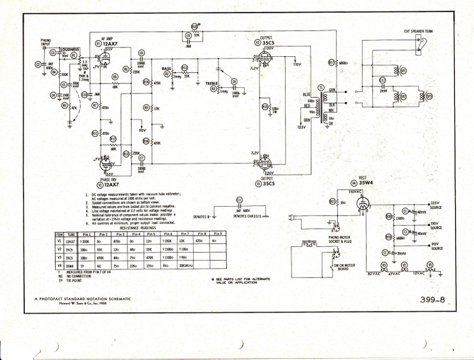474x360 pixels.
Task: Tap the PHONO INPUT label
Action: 46,42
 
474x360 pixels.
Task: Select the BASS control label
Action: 166,69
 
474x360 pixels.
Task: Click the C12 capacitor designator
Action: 382,80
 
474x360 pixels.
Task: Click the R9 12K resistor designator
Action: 146,108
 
